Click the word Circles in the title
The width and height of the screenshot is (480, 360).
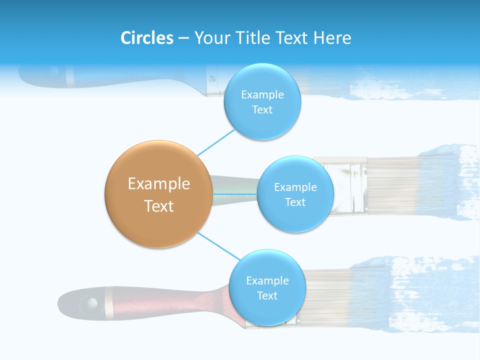(x=147, y=38)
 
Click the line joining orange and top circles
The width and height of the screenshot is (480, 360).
(x=216, y=142)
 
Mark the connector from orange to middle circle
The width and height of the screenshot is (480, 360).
(x=235, y=193)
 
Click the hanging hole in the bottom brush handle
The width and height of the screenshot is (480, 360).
(x=91, y=302)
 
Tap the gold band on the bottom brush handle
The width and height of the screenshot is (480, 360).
(x=108, y=302)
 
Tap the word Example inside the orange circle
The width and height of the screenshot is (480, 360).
(x=159, y=184)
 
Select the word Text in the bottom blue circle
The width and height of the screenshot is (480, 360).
(x=267, y=295)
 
